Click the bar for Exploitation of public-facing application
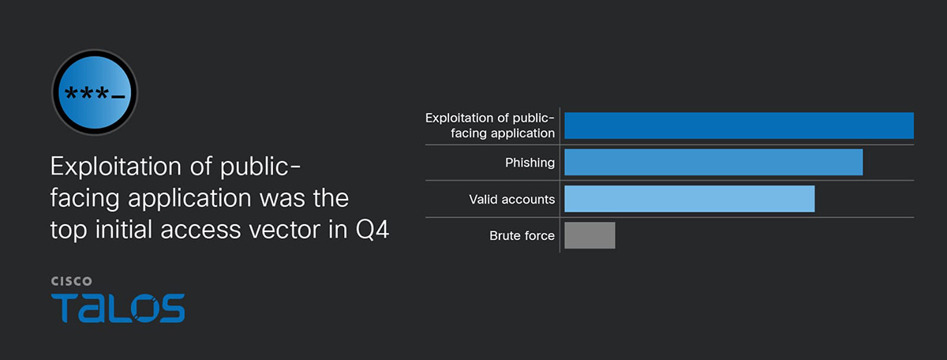739,126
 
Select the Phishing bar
713,162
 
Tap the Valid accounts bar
690,199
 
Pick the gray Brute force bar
590,235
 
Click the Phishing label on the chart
530,163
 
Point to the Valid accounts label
511,199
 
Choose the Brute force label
522,235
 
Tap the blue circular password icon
95,92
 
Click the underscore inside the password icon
118,97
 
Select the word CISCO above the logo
72,281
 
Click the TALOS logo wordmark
118,308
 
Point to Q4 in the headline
372,230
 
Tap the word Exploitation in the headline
116,167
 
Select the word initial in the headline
123,230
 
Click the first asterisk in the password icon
71,92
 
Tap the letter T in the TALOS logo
64,308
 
